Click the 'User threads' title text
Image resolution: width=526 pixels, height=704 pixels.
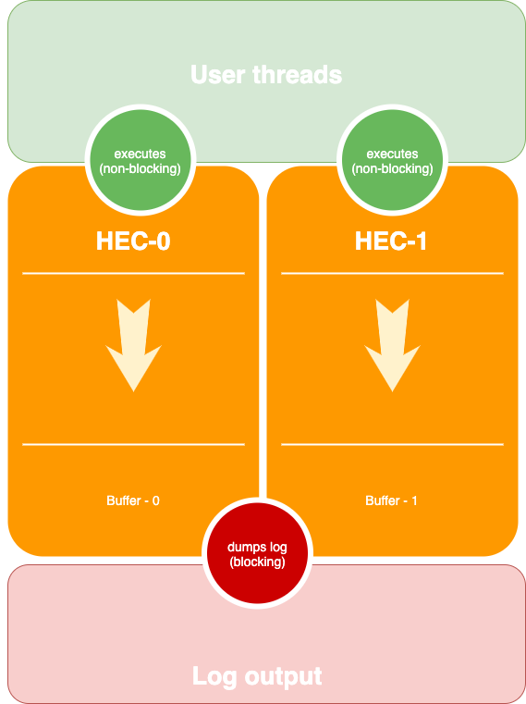(x=266, y=75)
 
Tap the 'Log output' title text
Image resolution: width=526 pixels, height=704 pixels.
(x=257, y=675)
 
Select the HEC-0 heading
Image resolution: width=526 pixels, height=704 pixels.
(x=133, y=241)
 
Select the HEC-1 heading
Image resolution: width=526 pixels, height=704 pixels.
(x=390, y=241)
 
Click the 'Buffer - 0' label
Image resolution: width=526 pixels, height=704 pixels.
(x=133, y=500)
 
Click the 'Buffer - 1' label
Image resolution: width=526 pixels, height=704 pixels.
(x=391, y=500)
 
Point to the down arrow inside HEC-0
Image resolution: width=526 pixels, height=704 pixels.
(x=133, y=346)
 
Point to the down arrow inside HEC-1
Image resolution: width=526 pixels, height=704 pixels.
(x=392, y=346)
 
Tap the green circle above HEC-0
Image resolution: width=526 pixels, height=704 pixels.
(x=141, y=160)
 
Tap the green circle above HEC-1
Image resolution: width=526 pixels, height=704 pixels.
(x=392, y=160)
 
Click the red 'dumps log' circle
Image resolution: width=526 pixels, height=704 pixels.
(x=257, y=553)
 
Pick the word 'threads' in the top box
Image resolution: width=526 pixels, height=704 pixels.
(x=298, y=75)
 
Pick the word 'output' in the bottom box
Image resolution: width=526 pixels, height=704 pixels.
(x=283, y=677)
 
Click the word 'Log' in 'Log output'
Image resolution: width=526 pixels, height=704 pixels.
(x=214, y=676)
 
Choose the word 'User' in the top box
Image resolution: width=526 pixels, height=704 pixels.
(x=217, y=75)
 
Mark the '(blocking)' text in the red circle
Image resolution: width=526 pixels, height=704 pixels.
(x=257, y=562)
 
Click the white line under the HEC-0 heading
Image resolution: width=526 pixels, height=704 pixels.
(x=133, y=273)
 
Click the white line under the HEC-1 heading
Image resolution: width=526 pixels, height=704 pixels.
(x=392, y=273)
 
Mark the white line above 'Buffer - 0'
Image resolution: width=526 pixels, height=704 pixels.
(x=133, y=444)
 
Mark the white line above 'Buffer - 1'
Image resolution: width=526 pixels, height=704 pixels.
(x=392, y=444)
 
